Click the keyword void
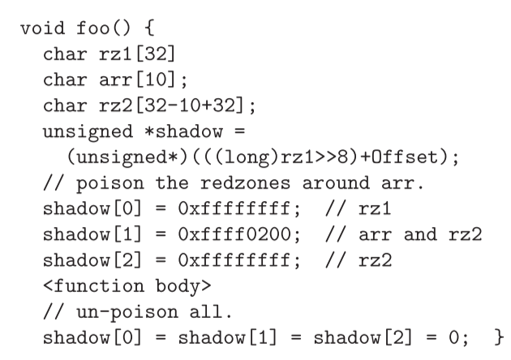tap(41, 28)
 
